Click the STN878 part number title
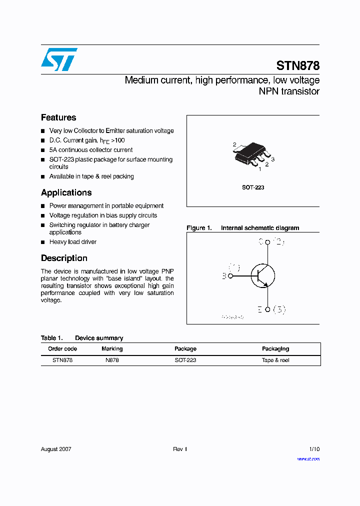tap(298, 65)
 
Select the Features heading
tap(58, 117)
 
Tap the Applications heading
tap(66, 192)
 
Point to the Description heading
tap(64, 258)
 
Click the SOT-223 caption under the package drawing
tap(253, 187)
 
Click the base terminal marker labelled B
tap(230, 275)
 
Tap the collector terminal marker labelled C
tap(267, 242)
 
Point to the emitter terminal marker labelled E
tap(267, 309)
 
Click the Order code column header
tap(62, 348)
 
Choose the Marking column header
tap(112, 348)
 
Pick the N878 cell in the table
tap(112, 360)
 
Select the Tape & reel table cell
tap(275, 360)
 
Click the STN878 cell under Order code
tap(62, 360)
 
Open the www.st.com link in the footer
tap(308, 458)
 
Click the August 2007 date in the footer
tap(56, 449)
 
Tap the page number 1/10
tap(314, 449)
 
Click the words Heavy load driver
tap(73, 242)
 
